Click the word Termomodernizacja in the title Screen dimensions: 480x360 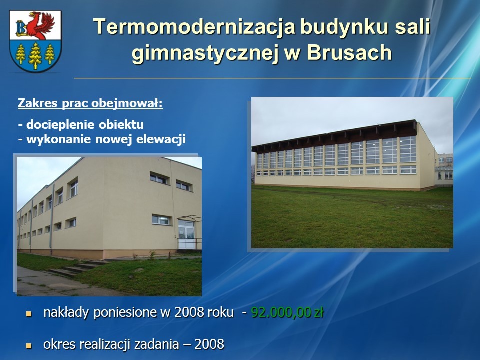194,26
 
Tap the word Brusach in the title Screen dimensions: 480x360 349,52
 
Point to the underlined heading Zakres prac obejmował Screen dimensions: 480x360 90,103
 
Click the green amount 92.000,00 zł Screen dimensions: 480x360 287,313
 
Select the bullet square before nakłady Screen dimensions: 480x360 29,314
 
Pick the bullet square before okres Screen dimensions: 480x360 29,346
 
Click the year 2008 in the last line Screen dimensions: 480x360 209,344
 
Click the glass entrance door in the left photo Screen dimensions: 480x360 186,234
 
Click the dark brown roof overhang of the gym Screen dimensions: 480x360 334,136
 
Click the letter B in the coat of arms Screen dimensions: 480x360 21,28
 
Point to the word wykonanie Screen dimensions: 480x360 59,139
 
